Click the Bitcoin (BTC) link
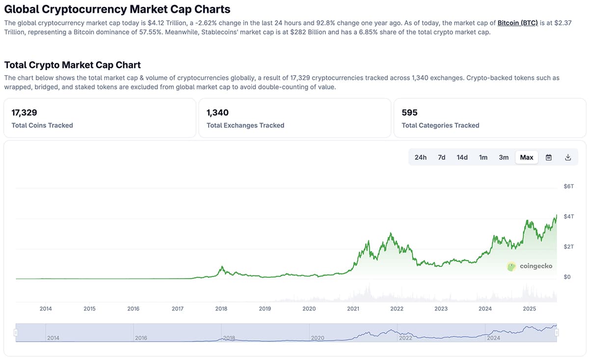pos(517,23)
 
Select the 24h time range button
pos(420,157)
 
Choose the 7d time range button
pos(441,157)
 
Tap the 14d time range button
pos(462,157)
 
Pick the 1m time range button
pos(483,157)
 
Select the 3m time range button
pos(504,157)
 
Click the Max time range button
pos(526,157)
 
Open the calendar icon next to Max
pos(549,157)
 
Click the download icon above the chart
pos(568,157)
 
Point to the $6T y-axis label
pos(568,186)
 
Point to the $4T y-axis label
pos(568,216)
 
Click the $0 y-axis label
pos(567,277)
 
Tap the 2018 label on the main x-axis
pos(221,309)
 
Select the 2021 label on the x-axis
pos(353,309)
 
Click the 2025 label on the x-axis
pos(529,309)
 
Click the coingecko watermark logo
pos(530,266)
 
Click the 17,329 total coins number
pos(25,113)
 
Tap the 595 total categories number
pos(409,113)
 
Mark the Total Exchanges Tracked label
pos(245,126)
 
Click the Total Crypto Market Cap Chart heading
pos(72,65)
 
